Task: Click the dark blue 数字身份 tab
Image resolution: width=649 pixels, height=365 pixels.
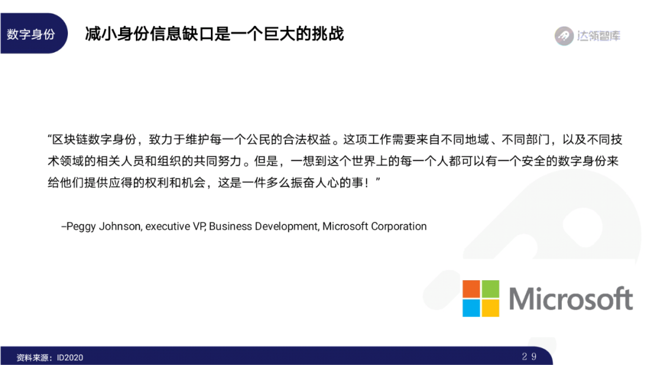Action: pos(33,34)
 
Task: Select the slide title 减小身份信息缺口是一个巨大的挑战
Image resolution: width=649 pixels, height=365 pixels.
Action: pos(215,34)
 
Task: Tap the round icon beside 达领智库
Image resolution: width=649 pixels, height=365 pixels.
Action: pos(564,36)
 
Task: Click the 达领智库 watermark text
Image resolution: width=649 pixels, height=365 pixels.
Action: pos(599,36)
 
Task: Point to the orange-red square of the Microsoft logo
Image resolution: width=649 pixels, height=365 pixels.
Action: pos(471,289)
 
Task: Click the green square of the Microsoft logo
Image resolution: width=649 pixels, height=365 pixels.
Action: pos(490,289)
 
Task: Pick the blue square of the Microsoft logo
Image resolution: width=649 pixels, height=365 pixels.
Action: pos(471,308)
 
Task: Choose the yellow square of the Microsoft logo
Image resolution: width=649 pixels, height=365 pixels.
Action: pos(490,308)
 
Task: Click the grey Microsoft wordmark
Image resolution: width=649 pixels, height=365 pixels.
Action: pos(571,298)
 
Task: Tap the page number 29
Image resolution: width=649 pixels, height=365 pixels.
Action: pos(529,357)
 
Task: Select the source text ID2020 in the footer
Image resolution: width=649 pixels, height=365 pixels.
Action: pos(70,358)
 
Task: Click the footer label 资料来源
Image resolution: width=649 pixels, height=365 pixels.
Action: pos(32,358)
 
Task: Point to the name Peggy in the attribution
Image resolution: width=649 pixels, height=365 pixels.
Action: pos(81,227)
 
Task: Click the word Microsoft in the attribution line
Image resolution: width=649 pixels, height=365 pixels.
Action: pos(345,226)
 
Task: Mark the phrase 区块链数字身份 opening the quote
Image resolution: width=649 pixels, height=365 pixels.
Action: pos(94,140)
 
